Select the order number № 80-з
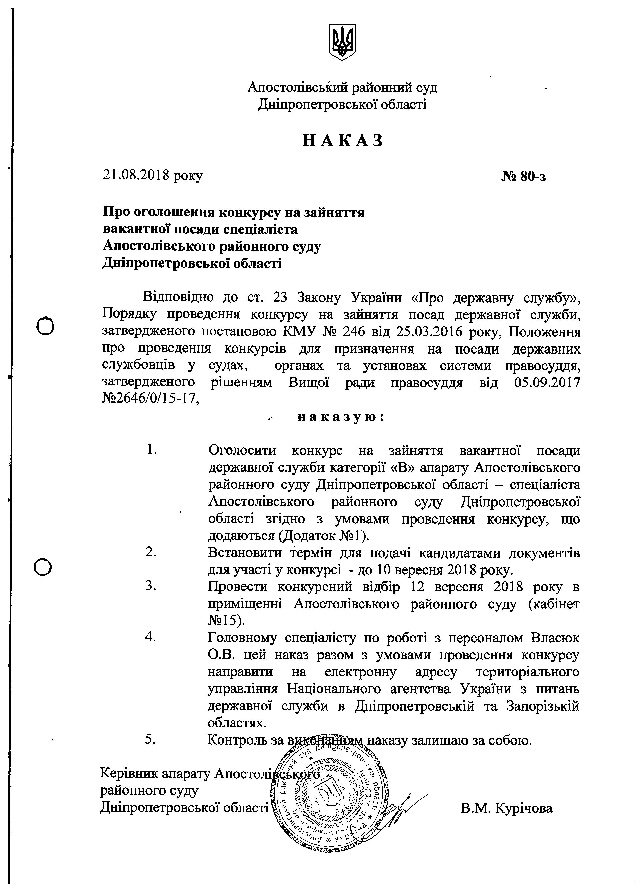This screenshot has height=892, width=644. pos(523,177)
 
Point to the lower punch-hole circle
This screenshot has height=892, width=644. pos(43,567)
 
